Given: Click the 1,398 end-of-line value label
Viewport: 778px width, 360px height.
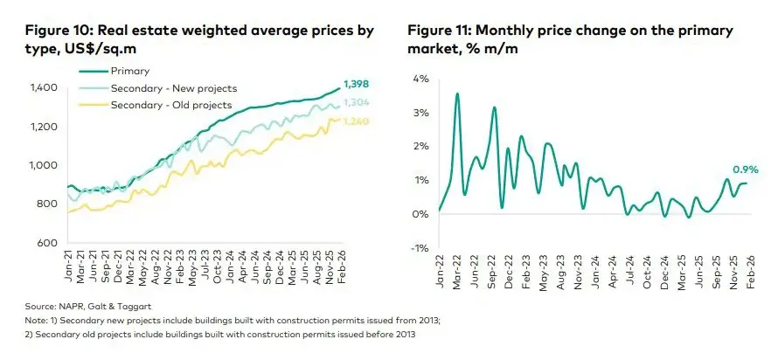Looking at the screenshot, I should (x=357, y=84).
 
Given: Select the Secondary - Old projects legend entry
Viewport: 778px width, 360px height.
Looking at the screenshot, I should (x=170, y=105).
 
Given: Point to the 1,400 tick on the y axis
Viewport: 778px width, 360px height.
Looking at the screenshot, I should (x=43, y=87).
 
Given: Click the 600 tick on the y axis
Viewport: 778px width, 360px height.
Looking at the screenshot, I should (x=49, y=242).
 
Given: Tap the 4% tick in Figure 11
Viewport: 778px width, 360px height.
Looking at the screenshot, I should (x=421, y=80).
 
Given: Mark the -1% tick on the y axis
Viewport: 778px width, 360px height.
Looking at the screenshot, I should (x=420, y=248).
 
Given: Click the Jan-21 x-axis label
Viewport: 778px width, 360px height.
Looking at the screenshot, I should (x=67, y=265).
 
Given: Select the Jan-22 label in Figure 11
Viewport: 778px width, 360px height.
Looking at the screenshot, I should (x=438, y=273).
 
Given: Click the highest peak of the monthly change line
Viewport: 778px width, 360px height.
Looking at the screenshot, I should (x=457, y=93).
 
